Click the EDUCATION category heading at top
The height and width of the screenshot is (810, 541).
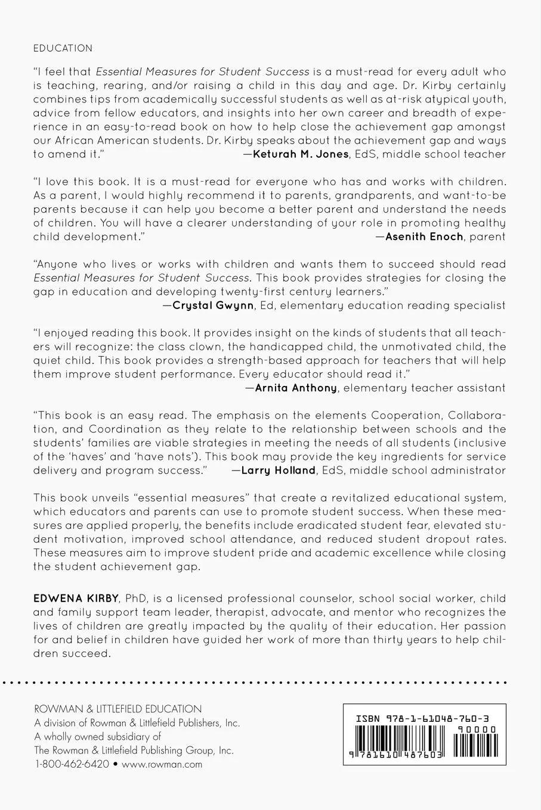point(63,48)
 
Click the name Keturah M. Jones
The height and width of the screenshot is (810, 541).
point(301,154)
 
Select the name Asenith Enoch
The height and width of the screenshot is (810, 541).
point(424,236)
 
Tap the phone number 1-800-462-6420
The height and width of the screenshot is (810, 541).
point(72,764)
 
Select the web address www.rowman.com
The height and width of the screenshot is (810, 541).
point(162,764)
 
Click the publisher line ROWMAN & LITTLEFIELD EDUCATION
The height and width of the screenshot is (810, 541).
point(118,709)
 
